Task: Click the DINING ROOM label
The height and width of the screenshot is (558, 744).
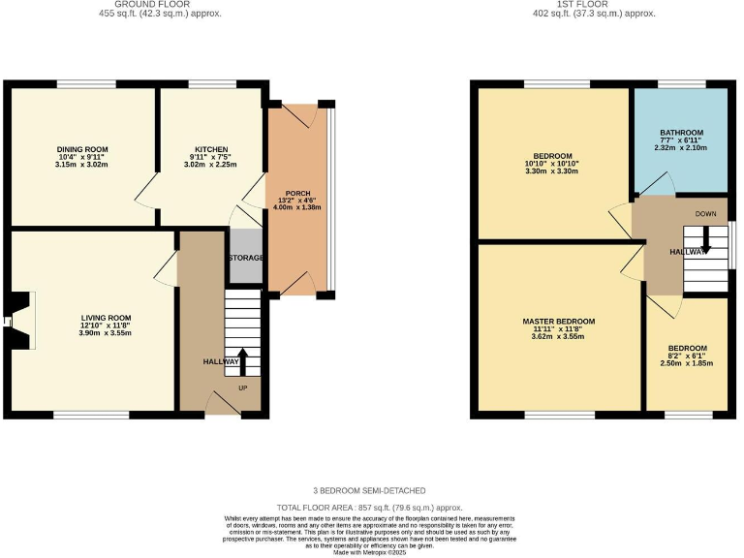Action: click(x=82, y=149)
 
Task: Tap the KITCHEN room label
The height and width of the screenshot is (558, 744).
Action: click(x=211, y=149)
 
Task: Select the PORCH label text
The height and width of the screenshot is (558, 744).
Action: click(x=297, y=194)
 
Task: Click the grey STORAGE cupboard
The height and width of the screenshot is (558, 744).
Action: click(x=246, y=258)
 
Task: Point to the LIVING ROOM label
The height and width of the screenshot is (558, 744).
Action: click(x=105, y=318)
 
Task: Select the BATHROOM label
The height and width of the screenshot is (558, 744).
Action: click(x=682, y=132)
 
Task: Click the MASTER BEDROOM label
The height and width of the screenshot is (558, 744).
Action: click(x=558, y=321)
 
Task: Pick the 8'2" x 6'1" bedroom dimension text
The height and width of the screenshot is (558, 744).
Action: click(x=687, y=356)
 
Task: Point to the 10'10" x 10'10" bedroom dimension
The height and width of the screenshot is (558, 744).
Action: click(x=549, y=164)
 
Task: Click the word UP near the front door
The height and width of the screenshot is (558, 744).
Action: click(x=242, y=387)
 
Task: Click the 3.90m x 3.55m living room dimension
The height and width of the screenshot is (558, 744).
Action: click(x=105, y=333)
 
